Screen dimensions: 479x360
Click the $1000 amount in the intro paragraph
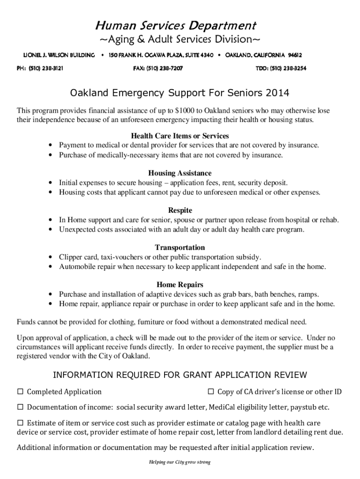[185, 111]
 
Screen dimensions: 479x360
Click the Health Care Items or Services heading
[180, 136]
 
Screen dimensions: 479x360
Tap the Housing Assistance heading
[180, 174]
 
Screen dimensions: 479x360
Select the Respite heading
[180, 210]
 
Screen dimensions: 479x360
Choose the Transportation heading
[180, 247]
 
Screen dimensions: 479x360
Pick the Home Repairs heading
[180, 284]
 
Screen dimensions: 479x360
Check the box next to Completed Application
[21, 392]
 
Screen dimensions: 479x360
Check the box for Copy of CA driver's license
[210, 392]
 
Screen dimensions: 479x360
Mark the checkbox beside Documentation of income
[21, 407]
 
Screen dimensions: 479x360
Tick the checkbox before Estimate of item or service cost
[21, 422]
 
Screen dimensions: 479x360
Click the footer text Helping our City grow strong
[180, 462]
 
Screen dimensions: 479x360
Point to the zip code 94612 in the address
[295, 55]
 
